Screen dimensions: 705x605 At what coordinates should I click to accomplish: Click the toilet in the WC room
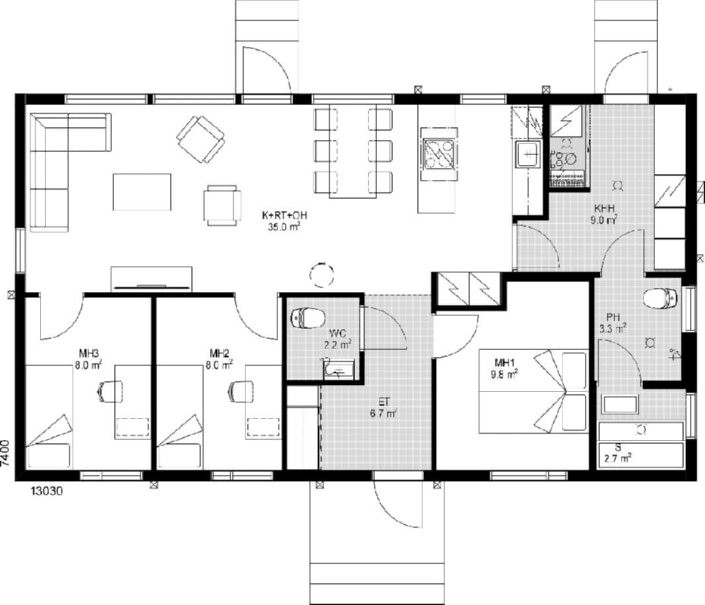click(x=308, y=318)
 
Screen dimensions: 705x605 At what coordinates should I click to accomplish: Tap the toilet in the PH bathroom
click(x=660, y=298)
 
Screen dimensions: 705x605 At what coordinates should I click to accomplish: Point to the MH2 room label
click(x=219, y=352)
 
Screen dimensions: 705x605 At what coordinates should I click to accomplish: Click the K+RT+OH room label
click(x=284, y=216)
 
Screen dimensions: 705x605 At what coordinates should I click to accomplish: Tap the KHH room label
click(x=605, y=209)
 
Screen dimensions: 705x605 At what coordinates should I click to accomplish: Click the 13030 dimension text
click(x=47, y=491)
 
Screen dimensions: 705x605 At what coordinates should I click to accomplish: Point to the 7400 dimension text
click(x=5, y=455)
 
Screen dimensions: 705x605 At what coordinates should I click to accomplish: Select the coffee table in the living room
click(x=141, y=192)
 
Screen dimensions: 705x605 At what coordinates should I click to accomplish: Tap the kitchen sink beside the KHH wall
click(x=528, y=154)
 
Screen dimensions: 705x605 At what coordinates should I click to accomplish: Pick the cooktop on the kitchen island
click(x=439, y=154)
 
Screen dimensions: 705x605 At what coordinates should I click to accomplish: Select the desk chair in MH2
click(x=240, y=391)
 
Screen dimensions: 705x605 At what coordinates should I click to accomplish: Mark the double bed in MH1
click(x=533, y=391)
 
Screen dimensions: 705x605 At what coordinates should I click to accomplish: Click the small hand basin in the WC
click(x=337, y=369)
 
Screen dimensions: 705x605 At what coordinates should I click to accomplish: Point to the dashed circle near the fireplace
click(x=322, y=273)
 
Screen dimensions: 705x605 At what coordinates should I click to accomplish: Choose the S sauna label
click(x=618, y=448)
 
